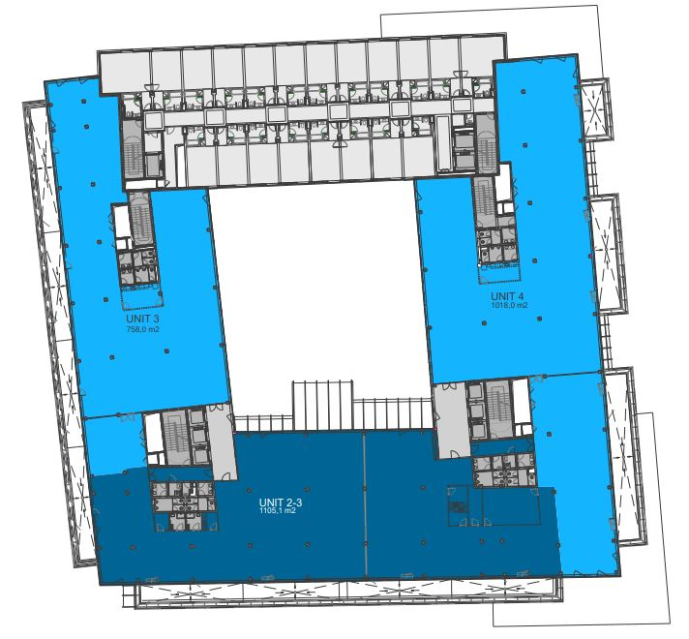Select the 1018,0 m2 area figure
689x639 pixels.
coord(509,305)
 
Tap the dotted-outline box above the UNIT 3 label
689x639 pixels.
coord(142,296)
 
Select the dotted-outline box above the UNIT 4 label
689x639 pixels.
coord(499,273)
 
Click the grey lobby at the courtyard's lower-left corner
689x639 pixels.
coord(222,441)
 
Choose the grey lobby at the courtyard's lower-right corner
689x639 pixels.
coord(451,420)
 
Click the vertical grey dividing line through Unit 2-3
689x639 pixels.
coord(365,504)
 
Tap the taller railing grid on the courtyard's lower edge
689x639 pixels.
coord(323,405)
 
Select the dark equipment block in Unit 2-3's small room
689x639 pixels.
coord(457,507)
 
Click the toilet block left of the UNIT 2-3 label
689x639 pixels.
coord(184,504)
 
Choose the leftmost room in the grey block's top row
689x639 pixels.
coord(126,72)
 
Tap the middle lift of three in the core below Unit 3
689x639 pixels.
coord(199,436)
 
